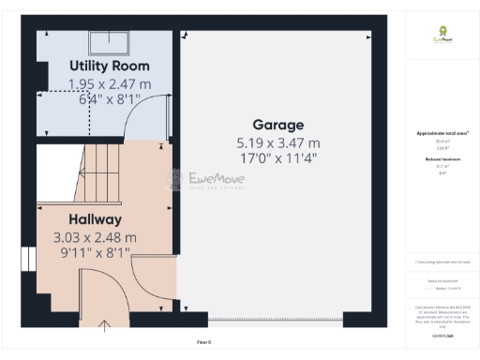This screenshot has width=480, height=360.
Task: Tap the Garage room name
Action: pyautogui.click(x=278, y=125)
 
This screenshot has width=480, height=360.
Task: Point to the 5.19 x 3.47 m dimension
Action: pyautogui.click(x=278, y=142)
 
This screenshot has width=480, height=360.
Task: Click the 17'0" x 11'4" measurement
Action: pyautogui.click(x=278, y=158)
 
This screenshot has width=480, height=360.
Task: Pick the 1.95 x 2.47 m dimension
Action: pyautogui.click(x=105, y=83)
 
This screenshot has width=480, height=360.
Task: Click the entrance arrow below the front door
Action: pyautogui.click(x=103, y=325)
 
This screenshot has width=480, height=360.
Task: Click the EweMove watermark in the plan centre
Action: pyautogui.click(x=206, y=179)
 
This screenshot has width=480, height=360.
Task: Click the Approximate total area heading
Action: pyautogui.click(x=442, y=134)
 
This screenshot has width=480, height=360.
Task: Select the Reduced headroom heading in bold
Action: pyautogui.click(x=442, y=160)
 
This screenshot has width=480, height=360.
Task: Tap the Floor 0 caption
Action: pyautogui.click(x=204, y=343)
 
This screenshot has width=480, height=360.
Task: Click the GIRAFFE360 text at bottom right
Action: pyautogui.click(x=442, y=335)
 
